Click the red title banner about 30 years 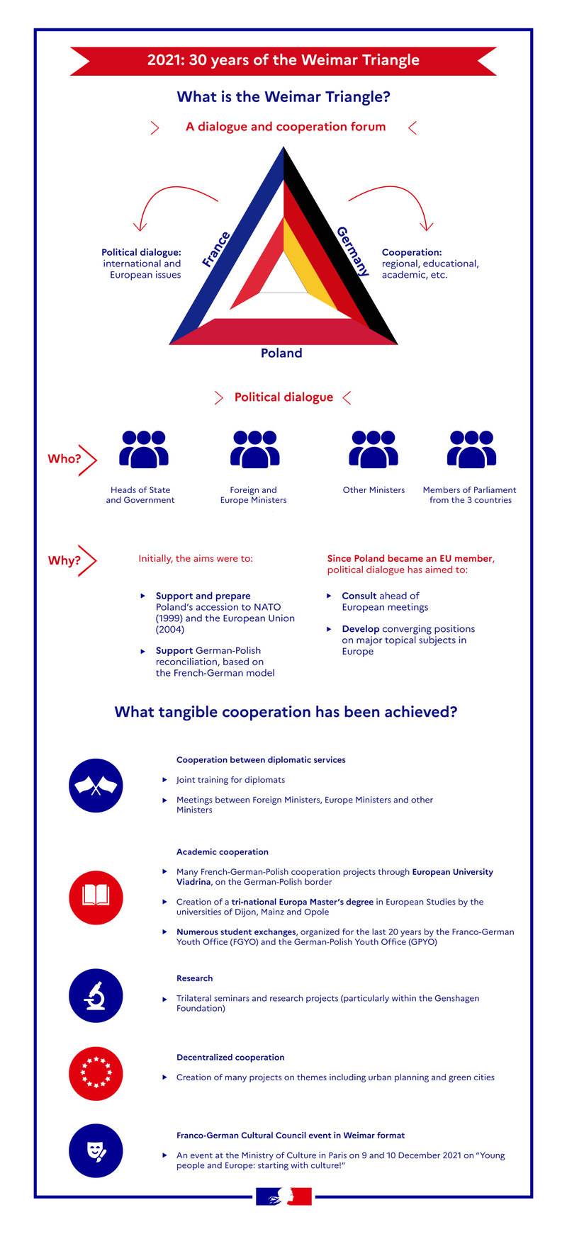tap(283, 60)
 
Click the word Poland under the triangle tap(281, 353)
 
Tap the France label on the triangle tap(216, 249)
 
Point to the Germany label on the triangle tap(353, 251)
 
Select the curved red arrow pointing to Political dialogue tap(174, 202)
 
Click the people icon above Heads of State tap(144, 449)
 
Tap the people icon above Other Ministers tap(373, 449)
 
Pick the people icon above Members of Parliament tap(471, 449)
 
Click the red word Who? tap(64, 459)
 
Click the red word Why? tap(64, 560)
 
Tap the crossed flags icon tap(96, 786)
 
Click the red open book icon tap(96, 896)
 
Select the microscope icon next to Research tap(96, 997)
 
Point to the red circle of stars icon tap(96, 1074)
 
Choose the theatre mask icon tap(96, 1153)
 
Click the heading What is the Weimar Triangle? tap(283, 96)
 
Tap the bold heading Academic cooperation tap(223, 851)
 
